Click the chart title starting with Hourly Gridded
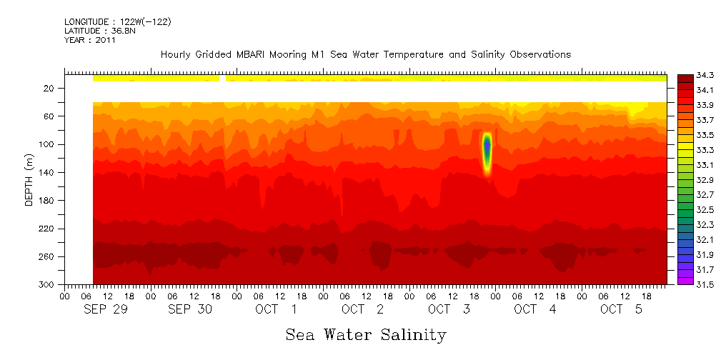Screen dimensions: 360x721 [x=365, y=55]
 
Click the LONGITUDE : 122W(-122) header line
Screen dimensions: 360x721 [x=117, y=22]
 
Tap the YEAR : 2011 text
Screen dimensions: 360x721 [x=90, y=40]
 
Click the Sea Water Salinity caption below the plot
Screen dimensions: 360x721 [x=366, y=334]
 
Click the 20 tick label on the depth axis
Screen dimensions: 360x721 [x=49, y=89]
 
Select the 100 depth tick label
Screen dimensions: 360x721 [x=47, y=144]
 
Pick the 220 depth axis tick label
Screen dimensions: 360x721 [x=47, y=229]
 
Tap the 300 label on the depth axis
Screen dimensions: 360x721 [x=47, y=284]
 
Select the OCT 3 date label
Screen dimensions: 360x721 [x=449, y=309]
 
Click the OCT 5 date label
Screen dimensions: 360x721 [x=621, y=309]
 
